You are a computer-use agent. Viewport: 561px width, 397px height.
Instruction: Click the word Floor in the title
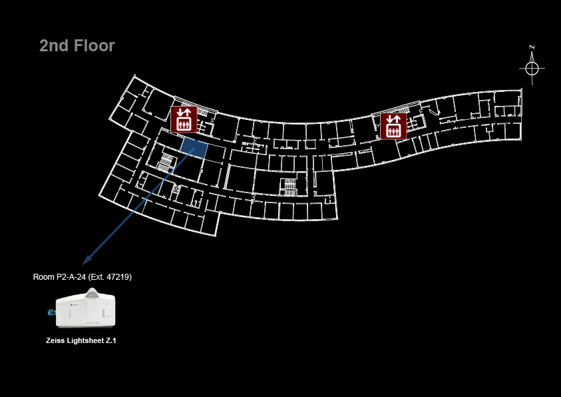94,46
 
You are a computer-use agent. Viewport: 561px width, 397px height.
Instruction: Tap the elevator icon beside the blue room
184,119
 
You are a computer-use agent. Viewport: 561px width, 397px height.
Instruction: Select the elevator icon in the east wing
393,126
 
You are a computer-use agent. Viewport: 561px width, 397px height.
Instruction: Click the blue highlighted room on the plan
194,147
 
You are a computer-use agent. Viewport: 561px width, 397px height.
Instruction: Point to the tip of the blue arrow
83,264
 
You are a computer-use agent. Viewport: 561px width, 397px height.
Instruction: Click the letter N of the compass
532,47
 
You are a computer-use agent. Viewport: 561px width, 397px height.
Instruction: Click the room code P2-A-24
71,276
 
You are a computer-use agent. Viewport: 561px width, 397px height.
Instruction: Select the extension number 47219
119,276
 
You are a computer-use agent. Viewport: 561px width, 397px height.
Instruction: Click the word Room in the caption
44,276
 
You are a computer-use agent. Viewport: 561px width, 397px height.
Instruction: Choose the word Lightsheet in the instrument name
85,340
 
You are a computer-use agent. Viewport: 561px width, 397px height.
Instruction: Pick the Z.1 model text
112,340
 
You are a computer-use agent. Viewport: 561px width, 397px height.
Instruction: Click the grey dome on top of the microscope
93,293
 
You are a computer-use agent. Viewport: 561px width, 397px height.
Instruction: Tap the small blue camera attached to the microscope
51,312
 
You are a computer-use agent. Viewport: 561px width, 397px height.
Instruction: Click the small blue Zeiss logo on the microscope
72,304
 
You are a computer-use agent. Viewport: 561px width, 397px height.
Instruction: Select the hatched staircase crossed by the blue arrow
166,162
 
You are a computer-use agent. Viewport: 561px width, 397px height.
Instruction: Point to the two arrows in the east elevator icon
393,119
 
